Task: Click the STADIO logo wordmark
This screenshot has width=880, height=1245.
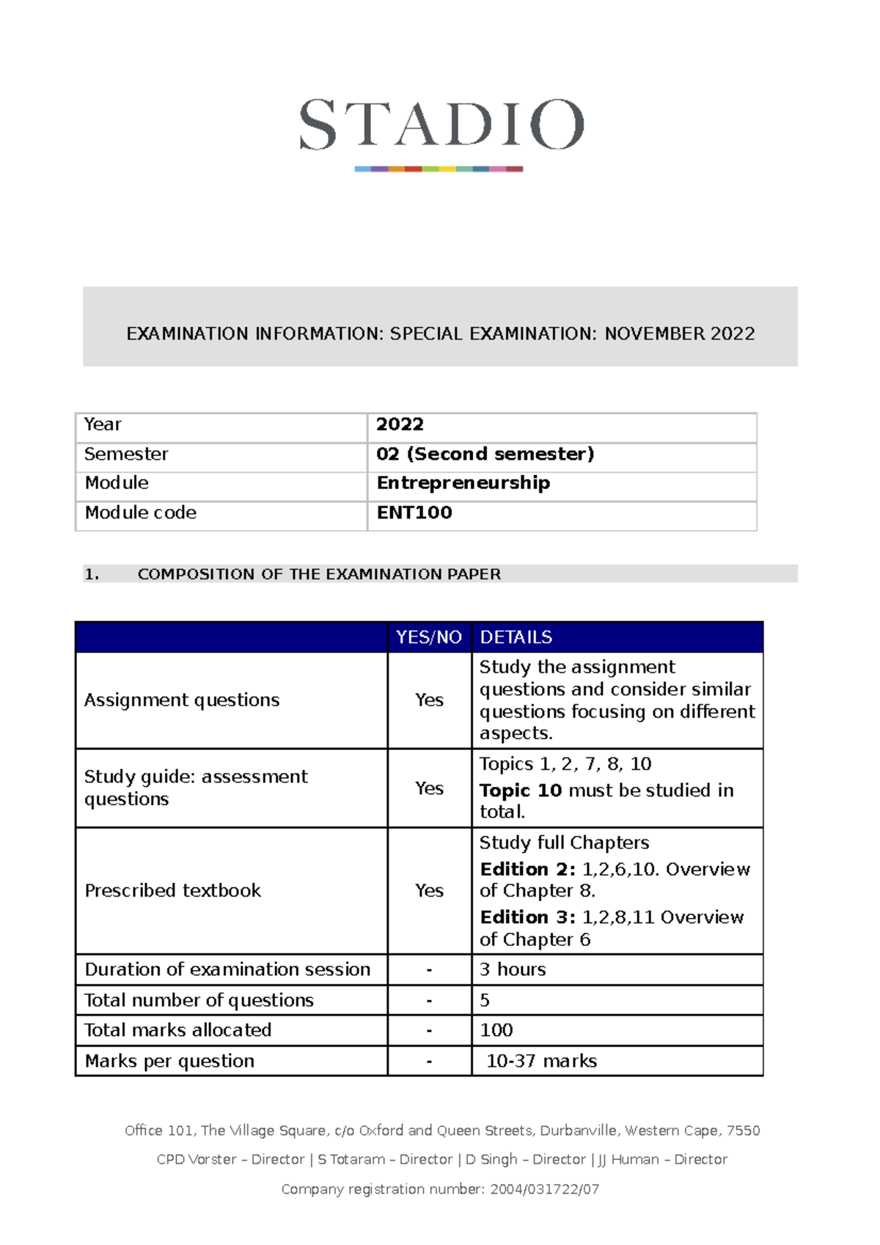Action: (x=441, y=125)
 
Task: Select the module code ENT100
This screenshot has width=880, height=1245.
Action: (x=414, y=513)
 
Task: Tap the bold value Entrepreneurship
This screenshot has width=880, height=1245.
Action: (x=463, y=482)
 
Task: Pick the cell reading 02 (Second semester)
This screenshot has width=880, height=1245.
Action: (x=485, y=454)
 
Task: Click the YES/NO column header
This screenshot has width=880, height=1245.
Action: (x=429, y=637)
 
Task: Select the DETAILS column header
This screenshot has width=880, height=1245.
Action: (x=516, y=637)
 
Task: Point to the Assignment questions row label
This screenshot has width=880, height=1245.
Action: (x=182, y=700)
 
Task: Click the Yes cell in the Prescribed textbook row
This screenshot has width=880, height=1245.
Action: (x=429, y=890)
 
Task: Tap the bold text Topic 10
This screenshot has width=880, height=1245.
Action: (x=521, y=790)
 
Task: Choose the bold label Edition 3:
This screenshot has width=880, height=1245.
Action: (x=527, y=917)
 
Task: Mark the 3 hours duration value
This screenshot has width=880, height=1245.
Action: (x=513, y=969)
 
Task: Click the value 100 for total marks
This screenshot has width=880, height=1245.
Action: (x=496, y=1030)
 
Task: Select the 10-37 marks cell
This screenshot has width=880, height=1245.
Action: (x=541, y=1061)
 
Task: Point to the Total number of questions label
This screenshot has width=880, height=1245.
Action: (x=199, y=1000)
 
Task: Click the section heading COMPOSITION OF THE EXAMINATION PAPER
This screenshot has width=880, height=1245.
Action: (x=319, y=574)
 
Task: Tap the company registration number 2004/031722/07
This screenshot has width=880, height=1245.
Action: (x=544, y=1189)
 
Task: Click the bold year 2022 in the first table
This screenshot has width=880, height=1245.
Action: (x=400, y=425)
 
